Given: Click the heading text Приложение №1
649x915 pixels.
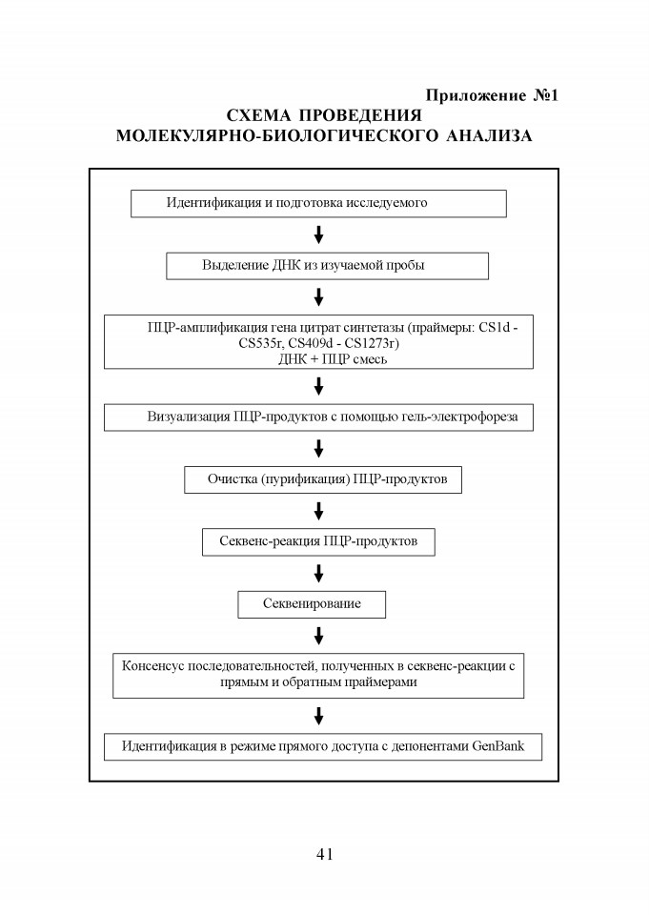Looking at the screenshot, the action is point(492,95).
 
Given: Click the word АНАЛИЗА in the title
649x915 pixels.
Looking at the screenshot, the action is point(489,136).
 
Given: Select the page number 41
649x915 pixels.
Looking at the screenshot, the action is point(324,854).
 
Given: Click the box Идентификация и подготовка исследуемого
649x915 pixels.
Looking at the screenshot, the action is point(318,204).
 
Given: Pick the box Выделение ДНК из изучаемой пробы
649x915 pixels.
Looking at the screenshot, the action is point(328,266).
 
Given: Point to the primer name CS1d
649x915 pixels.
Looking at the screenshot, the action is point(495,327).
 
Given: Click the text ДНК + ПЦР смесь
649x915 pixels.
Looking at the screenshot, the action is point(333,359).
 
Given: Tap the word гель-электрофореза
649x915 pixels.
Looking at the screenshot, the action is point(460,417).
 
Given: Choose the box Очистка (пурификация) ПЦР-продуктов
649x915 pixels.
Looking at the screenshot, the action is point(323,479).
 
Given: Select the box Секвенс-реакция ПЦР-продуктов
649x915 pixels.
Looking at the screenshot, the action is point(318,542).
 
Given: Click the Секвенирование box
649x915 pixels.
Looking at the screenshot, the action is point(312,604).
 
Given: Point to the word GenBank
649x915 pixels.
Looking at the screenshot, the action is point(497,745).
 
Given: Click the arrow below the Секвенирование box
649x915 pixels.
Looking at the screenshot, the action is point(318,636).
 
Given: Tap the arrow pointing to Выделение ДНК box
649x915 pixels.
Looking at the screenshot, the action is point(318,234).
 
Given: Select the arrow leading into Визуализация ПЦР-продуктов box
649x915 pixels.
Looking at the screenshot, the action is point(318,386).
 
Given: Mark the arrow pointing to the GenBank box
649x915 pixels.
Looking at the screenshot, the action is point(318,716).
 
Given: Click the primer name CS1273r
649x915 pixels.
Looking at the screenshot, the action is point(372,343).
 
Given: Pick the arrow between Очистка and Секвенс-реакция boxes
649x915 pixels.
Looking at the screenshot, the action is point(318,511).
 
